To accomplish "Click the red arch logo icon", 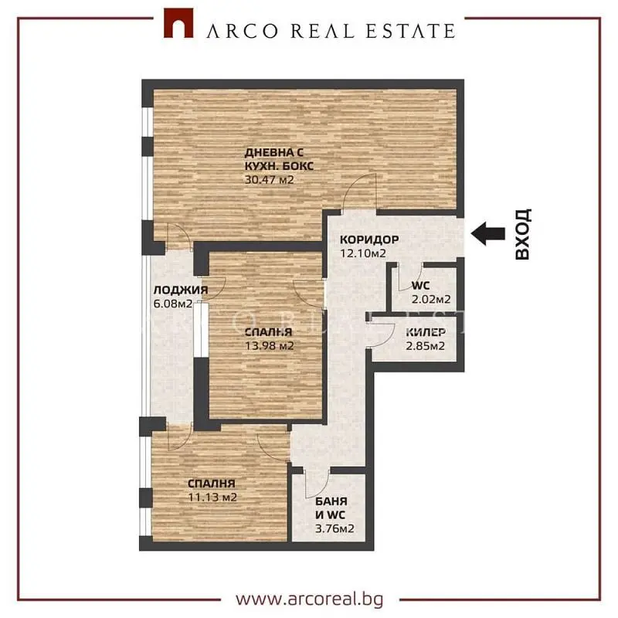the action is (x=178, y=23).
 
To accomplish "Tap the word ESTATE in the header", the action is (x=410, y=31).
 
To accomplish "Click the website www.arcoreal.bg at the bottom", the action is (x=310, y=599).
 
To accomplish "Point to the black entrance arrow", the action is (x=488, y=233).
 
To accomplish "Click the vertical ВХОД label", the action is (x=523, y=234).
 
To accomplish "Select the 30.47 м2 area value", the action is (x=269, y=180).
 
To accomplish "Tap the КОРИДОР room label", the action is (x=369, y=239).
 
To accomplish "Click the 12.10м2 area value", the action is (x=363, y=253).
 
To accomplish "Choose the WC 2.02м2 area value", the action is (x=431, y=300).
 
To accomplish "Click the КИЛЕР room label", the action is (x=426, y=332).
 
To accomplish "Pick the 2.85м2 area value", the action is (x=426, y=346).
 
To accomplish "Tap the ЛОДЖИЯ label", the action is (x=181, y=290).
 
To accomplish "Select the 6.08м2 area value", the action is (x=173, y=304).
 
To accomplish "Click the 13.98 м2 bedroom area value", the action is (x=270, y=346).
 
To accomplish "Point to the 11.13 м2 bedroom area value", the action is (x=212, y=497).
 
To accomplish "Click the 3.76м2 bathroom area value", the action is (x=334, y=528).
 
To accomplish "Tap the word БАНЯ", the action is (x=331, y=501).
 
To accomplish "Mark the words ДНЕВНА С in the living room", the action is (x=274, y=152).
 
